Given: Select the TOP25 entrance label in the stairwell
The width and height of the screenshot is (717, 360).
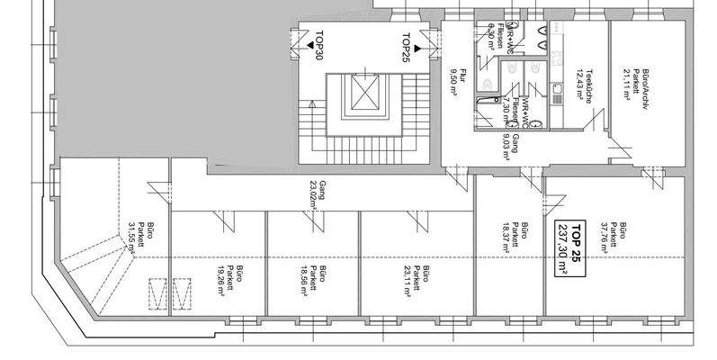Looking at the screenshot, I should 406,45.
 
